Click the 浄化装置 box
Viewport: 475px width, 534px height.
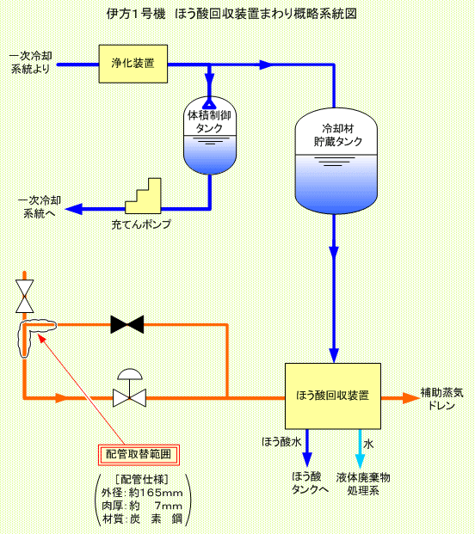[x=133, y=64]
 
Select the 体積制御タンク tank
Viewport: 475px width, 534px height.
[x=210, y=136]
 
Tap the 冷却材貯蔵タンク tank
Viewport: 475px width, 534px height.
[x=336, y=161]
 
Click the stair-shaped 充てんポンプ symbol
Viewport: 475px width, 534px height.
[x=143, y=196]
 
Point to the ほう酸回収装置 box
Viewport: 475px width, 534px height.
[x=333, y=396]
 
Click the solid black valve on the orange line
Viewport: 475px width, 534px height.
[x=127, y=324]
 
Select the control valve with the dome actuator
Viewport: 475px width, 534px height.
[x=129, y=388]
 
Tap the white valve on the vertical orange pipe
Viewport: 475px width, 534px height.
[x=25, y=297]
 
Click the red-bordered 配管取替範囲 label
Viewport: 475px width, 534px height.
[x=139, y=455]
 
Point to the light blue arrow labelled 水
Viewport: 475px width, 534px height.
[x=361, y=449]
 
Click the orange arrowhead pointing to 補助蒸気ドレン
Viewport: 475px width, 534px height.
[x=411, y=398]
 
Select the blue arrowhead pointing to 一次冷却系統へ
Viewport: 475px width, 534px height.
[x=74, y=209]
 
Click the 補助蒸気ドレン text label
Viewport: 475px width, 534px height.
[x=441, y=399]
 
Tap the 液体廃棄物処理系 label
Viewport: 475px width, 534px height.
[x=363, y=484]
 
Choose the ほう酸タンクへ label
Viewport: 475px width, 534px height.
[x=310, y=483]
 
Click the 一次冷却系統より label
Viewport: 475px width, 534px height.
[x=31, y=62]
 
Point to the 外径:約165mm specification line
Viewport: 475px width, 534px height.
[x=142, y=493]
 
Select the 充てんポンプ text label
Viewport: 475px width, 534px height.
[x=141, y=224]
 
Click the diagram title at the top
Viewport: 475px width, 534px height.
[x=231, y=14]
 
